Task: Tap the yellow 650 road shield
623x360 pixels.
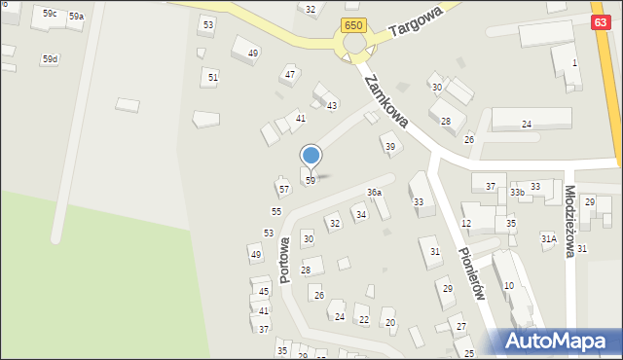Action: (x=354, y=23)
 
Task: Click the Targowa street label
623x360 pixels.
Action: (x=416, y=20)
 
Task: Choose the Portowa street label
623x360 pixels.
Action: (x=285, y=259)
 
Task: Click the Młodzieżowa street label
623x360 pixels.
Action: (x=570, y=222)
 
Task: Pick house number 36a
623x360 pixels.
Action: (x=374, y=193)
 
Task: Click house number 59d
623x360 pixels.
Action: (x=50, y=59)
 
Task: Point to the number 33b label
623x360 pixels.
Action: (x=517, y=193)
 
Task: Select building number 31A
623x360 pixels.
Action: (x=549, y=238)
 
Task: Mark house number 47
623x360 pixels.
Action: (x=289, y=74)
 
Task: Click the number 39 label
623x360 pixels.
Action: (x=390, y=147)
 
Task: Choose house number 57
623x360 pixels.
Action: (x=283, y=190)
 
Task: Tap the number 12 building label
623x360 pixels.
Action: (x=466, y=224)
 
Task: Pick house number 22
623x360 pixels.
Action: (x=363, y=319)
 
